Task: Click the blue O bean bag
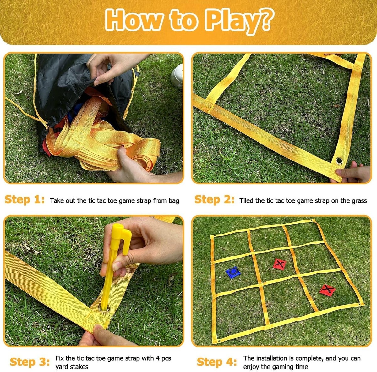coord(233,272)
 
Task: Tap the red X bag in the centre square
coord(280,264)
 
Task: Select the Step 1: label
coord(25,200)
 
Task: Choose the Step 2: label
coord(215,200)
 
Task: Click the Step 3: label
coord(30,362)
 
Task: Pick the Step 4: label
coord(217,362)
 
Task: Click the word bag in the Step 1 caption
coord(174,201)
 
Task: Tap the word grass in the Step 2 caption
coord(360,201)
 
